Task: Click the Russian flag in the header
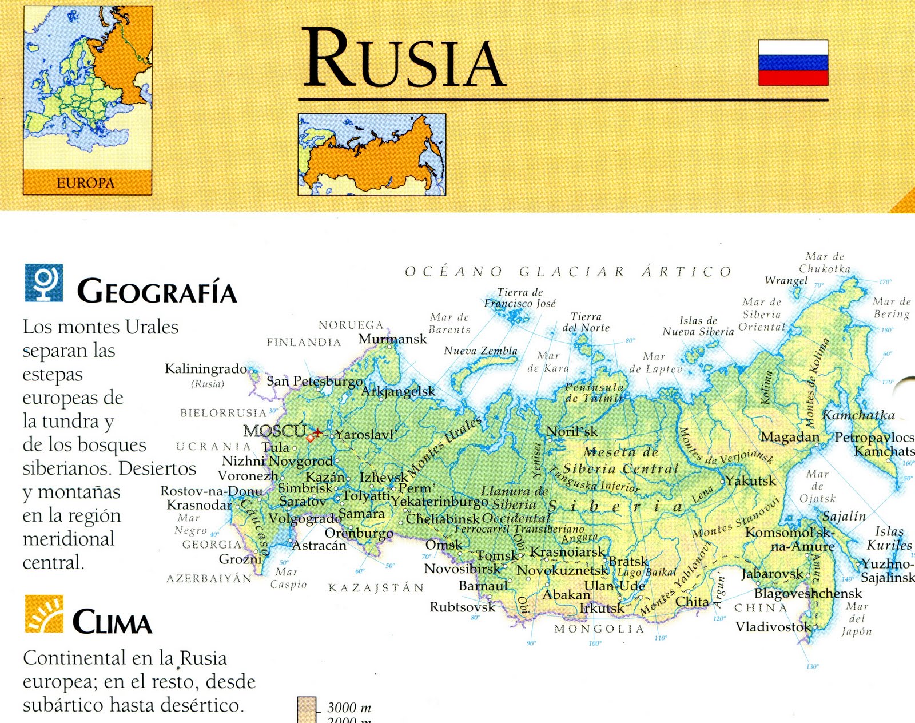793,62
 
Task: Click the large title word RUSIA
404,59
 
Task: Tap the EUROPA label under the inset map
86,183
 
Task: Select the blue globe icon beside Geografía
44,283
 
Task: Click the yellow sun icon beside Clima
44,614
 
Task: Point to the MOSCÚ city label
274,431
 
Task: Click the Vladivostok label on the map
773,627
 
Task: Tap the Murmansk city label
392,339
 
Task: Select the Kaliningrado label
206,369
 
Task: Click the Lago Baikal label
647,573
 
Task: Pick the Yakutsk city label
750,481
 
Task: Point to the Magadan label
790,437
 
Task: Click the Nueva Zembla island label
480,351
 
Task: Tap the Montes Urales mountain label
444,447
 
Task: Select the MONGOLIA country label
599,629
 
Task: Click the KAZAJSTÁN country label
376,587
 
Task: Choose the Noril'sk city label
572,432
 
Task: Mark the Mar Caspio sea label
289,578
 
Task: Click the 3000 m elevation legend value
349,708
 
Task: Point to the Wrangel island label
786,280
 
